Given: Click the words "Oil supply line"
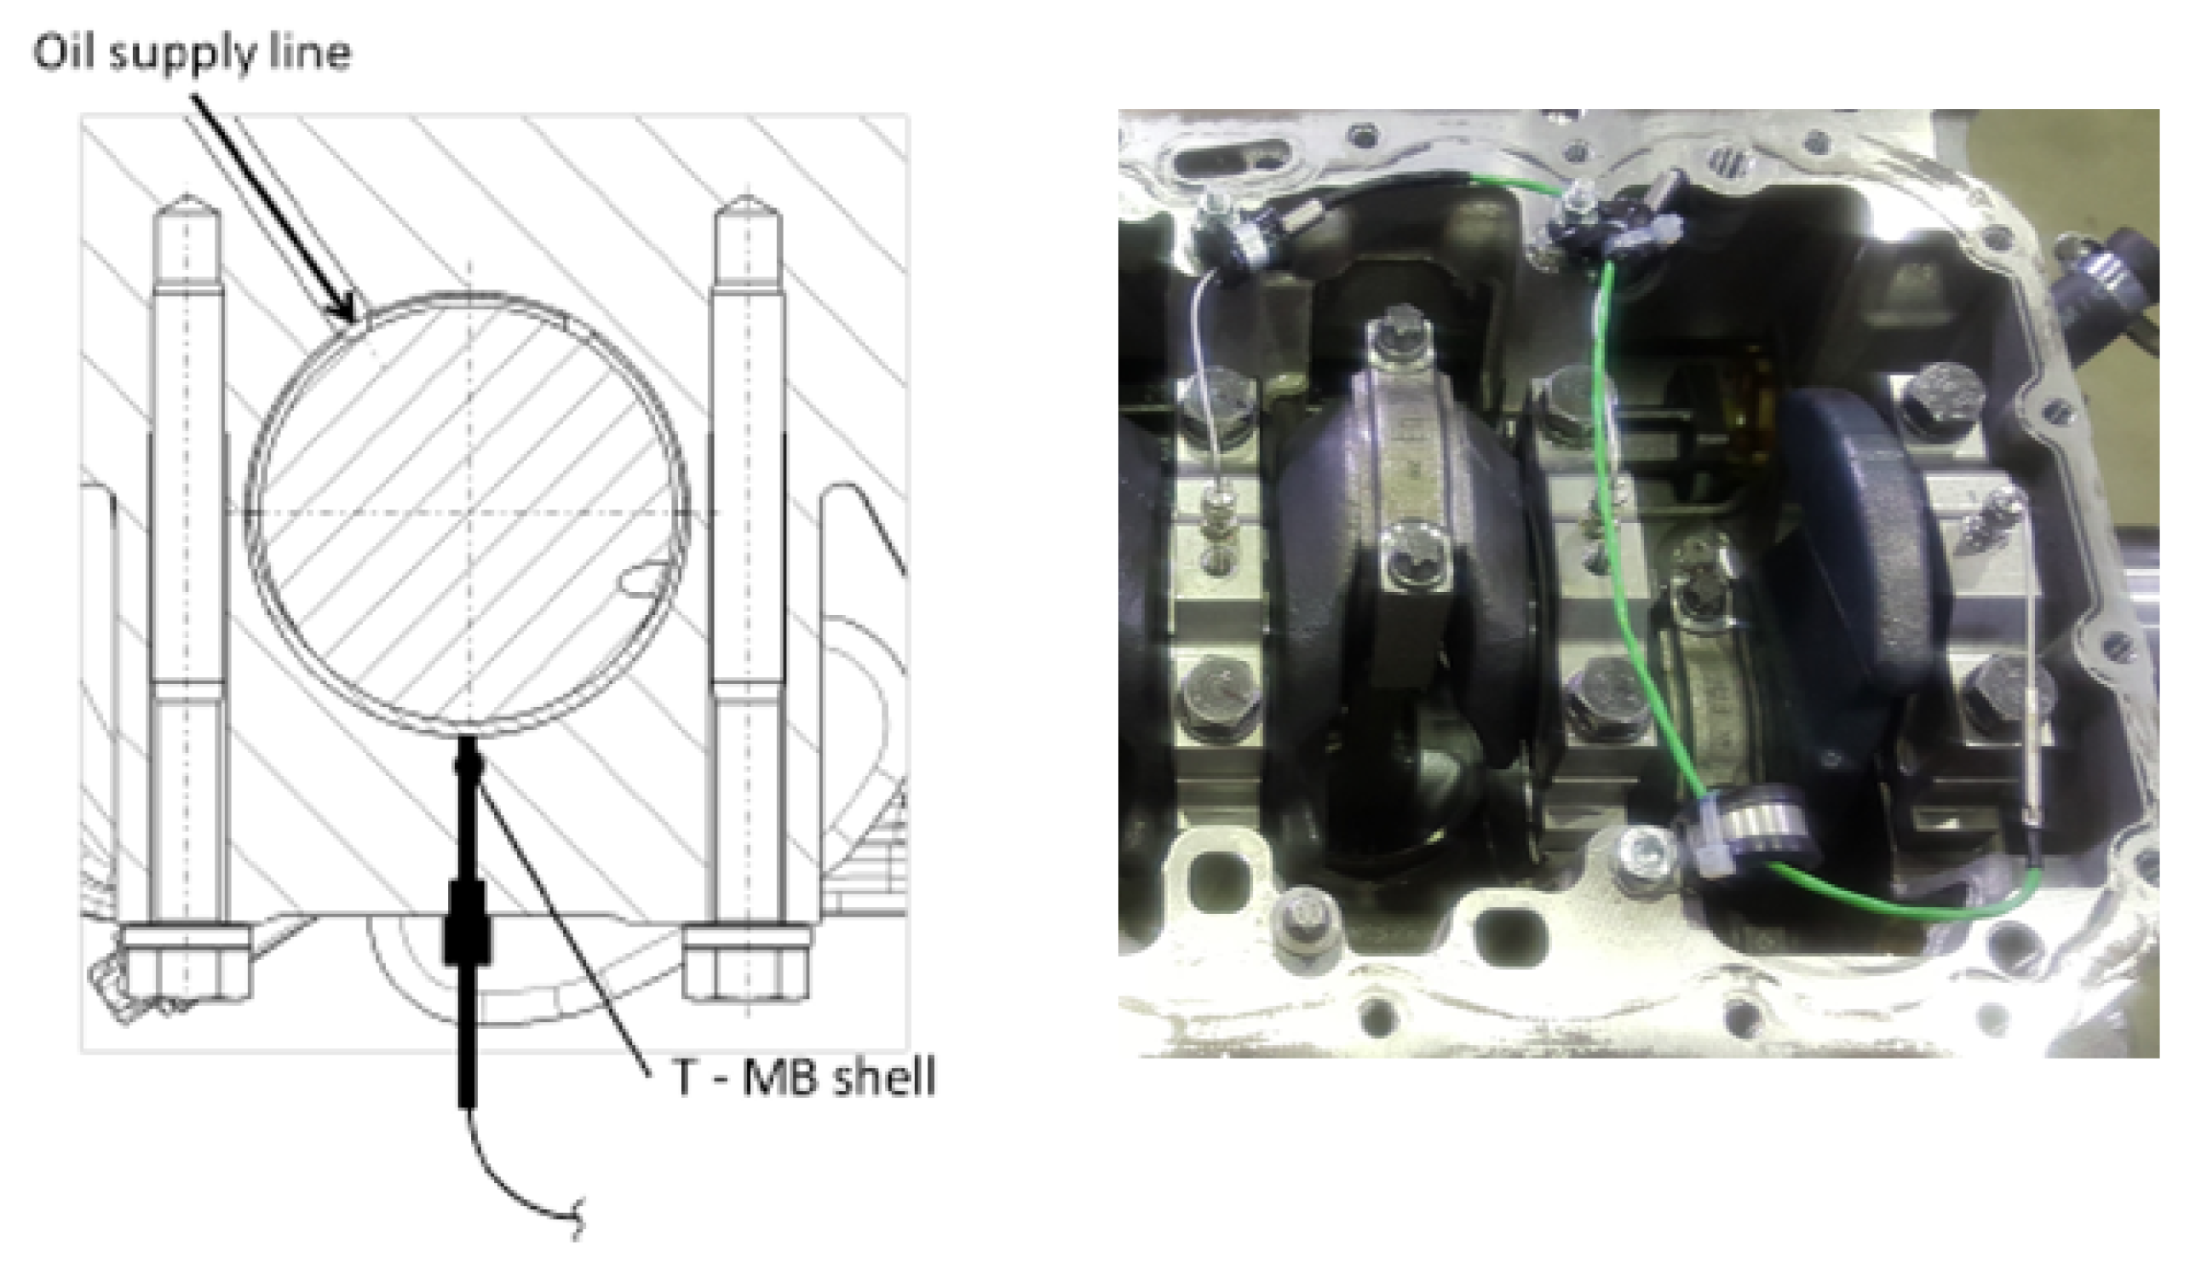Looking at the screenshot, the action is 193,54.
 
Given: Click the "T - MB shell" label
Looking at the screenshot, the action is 803,1077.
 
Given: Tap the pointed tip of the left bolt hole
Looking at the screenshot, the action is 186,196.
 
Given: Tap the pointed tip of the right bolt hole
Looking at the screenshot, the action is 747,198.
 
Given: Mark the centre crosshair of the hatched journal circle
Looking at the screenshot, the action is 469,512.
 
